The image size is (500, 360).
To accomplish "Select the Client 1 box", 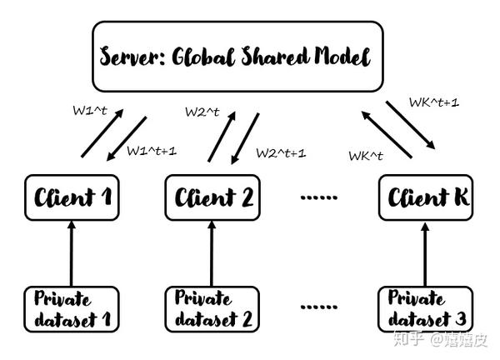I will click(x=71, y=197).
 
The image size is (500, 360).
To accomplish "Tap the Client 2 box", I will click(x=213, y=197).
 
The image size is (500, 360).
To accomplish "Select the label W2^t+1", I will click(x=281, y=152).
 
